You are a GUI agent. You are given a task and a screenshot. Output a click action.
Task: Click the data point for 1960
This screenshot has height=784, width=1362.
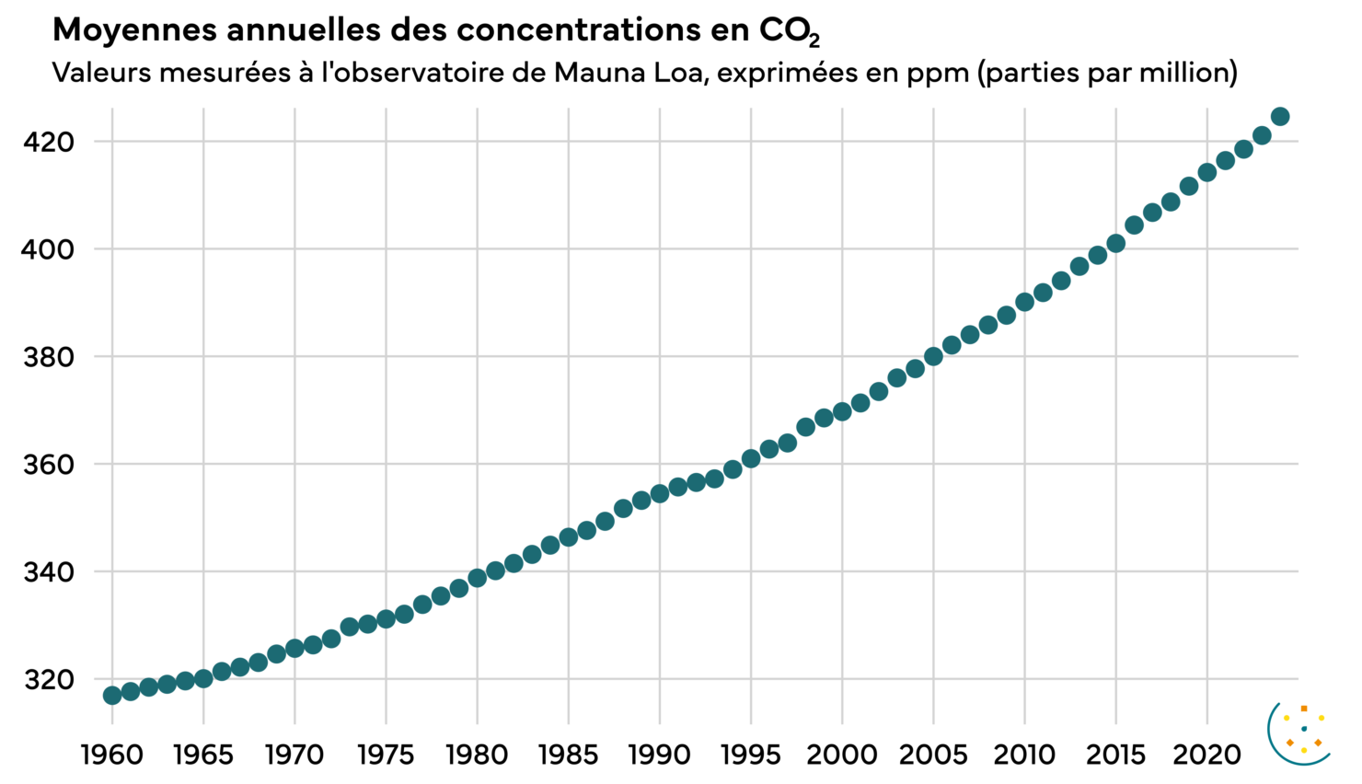point(112,695)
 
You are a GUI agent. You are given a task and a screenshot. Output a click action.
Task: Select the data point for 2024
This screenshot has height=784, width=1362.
point(1280,117)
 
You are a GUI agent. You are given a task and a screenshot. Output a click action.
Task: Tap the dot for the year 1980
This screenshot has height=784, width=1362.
point(478,578)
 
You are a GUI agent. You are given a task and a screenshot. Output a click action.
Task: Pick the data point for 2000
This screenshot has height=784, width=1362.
point(842,411)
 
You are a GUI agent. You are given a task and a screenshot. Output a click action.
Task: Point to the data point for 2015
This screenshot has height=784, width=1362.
point(1116,244)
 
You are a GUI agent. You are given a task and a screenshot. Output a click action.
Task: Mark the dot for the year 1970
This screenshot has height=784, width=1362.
point(294,649)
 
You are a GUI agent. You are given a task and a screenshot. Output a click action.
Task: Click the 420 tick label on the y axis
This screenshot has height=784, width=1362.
point(49,142)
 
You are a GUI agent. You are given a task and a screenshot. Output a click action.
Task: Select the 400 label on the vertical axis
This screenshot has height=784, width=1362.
point(49,249)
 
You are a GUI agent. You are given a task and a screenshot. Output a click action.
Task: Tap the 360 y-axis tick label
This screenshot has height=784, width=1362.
point(49,465)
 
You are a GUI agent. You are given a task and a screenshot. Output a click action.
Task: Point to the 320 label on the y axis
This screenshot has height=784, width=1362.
point(49,680)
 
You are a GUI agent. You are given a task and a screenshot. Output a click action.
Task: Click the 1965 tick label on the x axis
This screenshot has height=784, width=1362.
point(203,755)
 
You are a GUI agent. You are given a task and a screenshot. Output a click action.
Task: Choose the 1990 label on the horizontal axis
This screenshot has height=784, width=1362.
point(660,755)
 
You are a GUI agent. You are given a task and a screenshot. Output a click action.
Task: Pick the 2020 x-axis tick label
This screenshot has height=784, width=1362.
point(1206,755)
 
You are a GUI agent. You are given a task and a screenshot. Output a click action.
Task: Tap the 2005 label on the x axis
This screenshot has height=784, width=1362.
point(933,755)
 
